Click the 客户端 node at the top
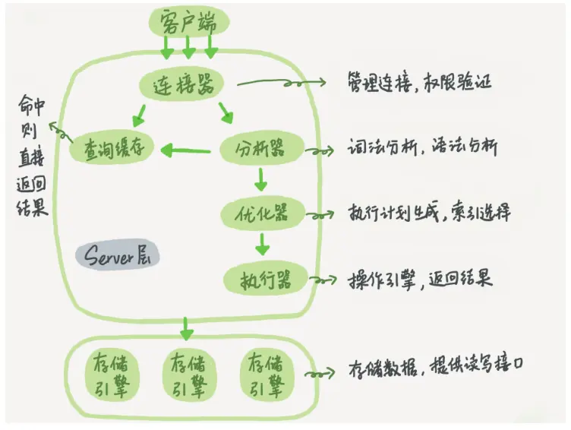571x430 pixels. (x=188, y=21)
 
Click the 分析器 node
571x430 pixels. (x=261, y=149)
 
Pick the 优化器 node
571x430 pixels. (x=261, y=213)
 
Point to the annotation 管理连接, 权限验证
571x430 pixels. (x=418, y=81)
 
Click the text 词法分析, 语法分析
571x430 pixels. (x=422, y=147)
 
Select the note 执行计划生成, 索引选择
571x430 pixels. (x=429, y=212)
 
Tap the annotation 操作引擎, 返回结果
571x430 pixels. (x=420, y=278)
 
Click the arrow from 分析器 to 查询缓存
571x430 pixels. (x=190, y=150)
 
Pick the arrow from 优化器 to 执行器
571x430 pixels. (x=262, y=245)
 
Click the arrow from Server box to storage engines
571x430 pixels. (x=186, y=329)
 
